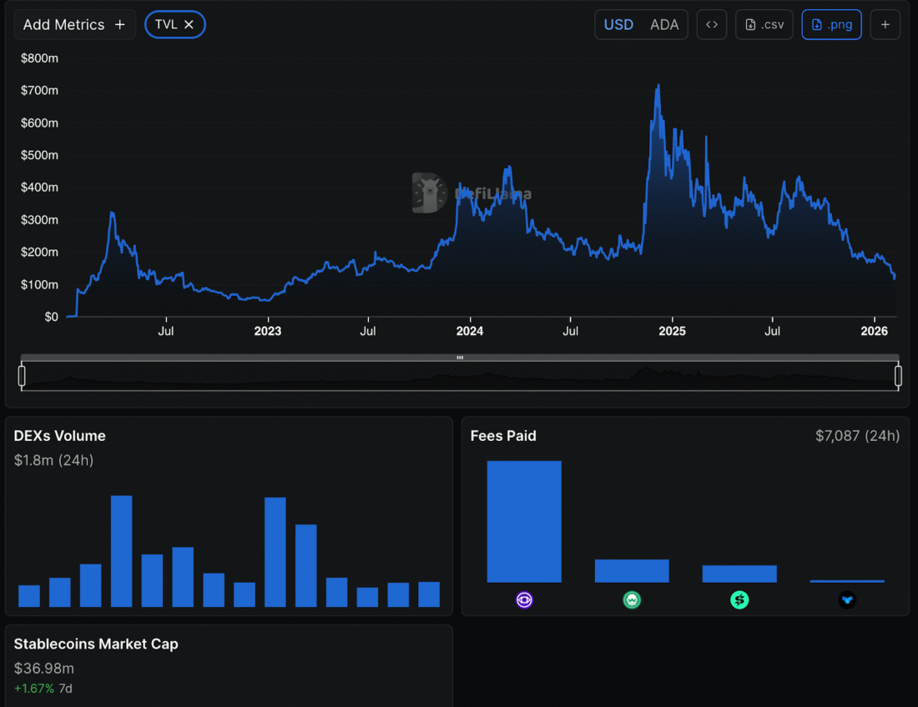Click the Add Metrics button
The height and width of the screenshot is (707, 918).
click(74, 25)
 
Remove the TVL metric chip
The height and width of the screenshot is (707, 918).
click(189, 25)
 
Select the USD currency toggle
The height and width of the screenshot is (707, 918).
click(618, 25)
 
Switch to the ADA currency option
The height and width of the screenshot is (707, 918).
click(664, 25)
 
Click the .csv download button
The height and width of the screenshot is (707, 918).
click(764, 25)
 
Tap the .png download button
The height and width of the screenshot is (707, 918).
click(831, 25)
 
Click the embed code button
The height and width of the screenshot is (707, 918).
click(712, 25)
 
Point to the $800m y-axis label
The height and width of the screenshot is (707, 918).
click(39, 58)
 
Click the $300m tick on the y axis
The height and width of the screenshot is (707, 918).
click(39, 220)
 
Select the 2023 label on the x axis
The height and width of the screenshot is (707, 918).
click(267, 331)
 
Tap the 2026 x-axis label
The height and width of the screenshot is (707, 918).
click(874, 331)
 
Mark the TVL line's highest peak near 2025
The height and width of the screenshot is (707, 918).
click(658, 86)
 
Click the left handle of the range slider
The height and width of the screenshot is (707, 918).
click(22, 376)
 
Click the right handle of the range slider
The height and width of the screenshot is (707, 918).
click(898, 376)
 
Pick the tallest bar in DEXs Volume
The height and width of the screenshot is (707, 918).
click(122, 550)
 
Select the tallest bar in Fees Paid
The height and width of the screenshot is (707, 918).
click(524, 521)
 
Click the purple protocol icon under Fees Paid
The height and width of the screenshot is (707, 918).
click(524, 599)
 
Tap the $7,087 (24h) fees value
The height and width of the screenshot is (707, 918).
click(857, 436)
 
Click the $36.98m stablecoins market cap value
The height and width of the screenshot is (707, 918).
click(44, 668)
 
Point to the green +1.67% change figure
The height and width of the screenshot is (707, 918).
click(34, 689)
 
